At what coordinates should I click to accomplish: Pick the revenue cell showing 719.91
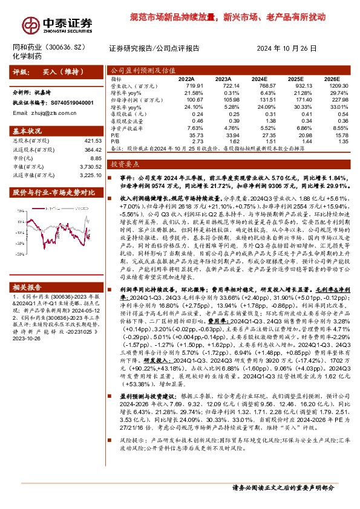click(x=186, y=87)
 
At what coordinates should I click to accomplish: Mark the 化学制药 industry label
click(x=27, y=56)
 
